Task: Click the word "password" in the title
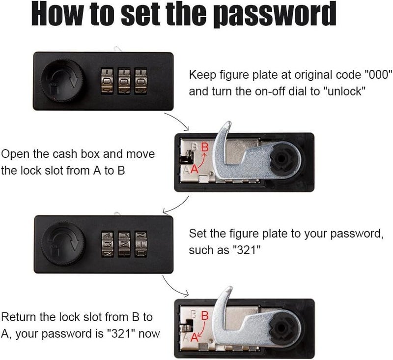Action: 275,14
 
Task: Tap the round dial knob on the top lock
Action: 62,81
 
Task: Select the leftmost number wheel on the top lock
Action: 107,81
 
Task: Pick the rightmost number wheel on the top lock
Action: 140,81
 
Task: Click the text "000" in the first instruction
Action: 377,75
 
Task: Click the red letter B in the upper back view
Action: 205,147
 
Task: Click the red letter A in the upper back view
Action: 194,169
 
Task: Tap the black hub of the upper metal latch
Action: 281,158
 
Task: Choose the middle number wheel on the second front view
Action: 124,244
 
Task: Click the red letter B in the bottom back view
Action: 205,316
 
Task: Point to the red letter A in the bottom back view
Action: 194,337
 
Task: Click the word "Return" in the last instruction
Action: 18,317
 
